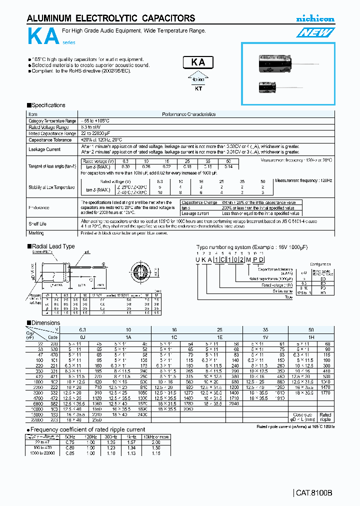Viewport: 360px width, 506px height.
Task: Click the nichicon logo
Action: [x=315, y=19]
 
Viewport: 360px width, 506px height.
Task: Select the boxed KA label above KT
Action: [x=198, y=63]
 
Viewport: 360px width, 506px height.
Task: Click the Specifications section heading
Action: [x=46, y=105]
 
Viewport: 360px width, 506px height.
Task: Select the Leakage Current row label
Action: [x=45, y=149]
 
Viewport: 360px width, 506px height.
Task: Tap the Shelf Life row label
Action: [x=37, y=223]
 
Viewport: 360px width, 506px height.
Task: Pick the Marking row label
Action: [x=36, y=233]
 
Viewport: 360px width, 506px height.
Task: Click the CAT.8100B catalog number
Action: [x=314, y=493]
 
